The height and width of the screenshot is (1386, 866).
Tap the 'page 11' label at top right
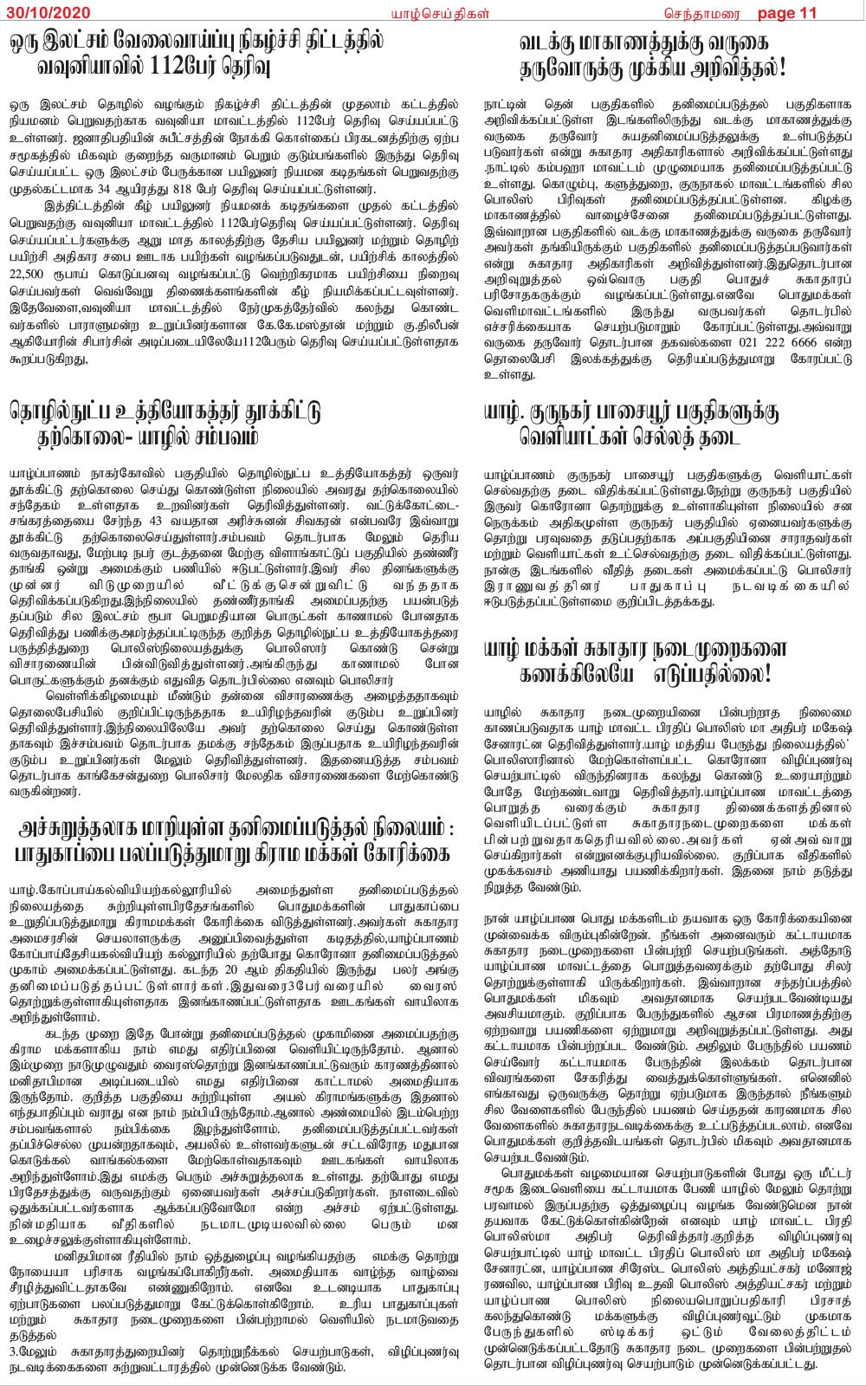[x=787, y=12]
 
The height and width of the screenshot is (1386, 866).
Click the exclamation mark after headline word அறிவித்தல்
[x=781, y=67]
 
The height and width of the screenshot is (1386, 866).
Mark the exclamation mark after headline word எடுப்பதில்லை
[x=767, y=674]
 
